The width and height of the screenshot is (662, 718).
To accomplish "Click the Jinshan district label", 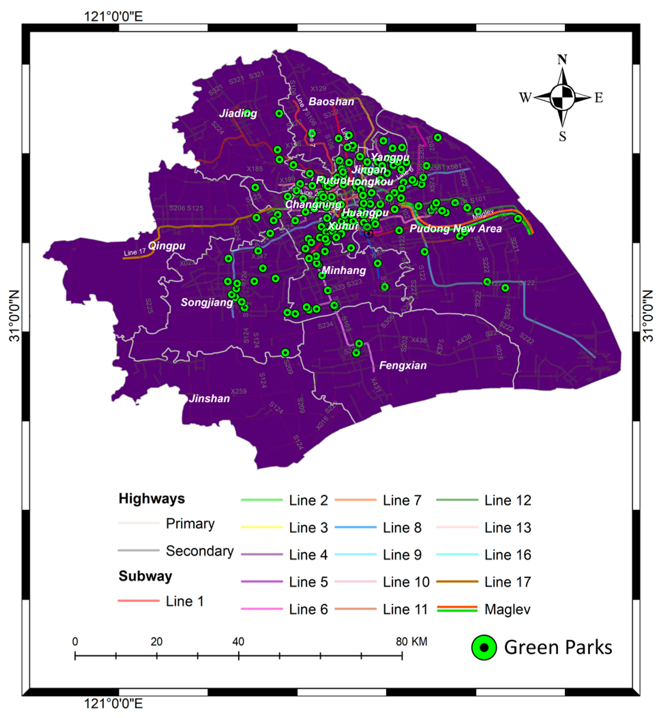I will (x=210, y=399).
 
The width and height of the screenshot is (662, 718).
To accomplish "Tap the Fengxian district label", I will (x=403, y=365).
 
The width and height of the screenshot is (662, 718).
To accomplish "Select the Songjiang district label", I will (x=207, y=302).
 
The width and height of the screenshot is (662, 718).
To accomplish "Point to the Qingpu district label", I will (x=167, y=246).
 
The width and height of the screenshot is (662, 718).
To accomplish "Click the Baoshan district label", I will (x=331, y=101).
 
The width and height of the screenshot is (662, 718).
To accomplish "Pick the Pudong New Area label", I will (x=455, y=228).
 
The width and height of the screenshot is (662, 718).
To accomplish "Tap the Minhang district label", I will (x=344, y=270).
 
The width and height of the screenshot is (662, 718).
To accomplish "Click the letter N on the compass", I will (x=562, y=59).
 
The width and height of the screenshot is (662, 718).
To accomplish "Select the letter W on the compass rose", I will (x=525, y=97).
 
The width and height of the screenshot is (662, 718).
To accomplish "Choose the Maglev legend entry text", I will (x=507, y=609).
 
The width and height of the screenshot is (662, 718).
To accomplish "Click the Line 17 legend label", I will (x=508, y=582).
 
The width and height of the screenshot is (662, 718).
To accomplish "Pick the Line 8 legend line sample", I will (x=355, y=527).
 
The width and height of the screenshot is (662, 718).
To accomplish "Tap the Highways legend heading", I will (x=152, y=498).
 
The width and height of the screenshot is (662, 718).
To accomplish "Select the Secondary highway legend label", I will (x=199, y=551).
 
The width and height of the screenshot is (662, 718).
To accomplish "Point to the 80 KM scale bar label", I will (x=411, y=641).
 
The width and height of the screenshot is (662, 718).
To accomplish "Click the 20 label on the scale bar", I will (x=156, y=641).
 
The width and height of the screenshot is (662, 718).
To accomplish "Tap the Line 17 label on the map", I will (x=135, y=252).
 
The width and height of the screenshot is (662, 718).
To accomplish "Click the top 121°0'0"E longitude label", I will (x=113, y=16).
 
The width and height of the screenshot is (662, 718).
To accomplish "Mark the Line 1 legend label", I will (x=184, y=601).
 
